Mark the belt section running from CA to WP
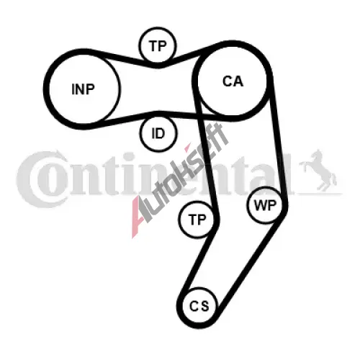click(279, 142)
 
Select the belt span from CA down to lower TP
click(206, 153)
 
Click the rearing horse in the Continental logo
click(318, 171)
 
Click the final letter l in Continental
click(288, 174)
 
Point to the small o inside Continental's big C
click(56, 181)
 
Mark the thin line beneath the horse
click(319, 193)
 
